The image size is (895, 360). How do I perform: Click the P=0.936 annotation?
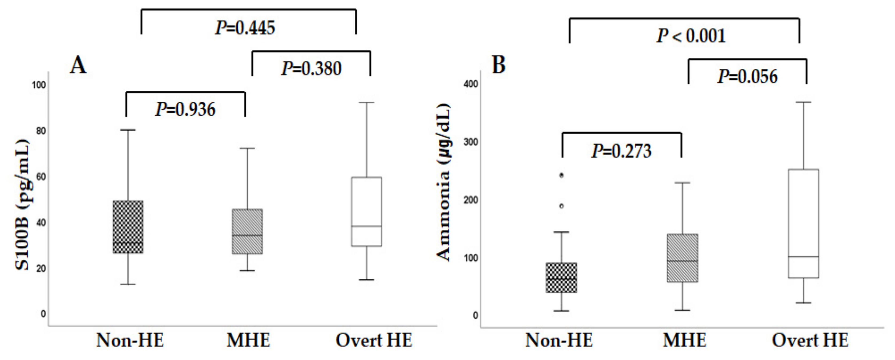coord(185,109)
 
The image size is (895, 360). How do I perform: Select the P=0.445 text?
coord(245,28)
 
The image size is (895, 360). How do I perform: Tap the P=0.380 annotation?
coord(311,68)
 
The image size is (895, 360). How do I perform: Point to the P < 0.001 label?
coord(691,36)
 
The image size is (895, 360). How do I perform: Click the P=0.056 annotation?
coord(747,76)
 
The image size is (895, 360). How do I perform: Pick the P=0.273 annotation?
coord(621,151)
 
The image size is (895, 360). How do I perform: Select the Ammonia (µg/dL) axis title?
coord(443,182)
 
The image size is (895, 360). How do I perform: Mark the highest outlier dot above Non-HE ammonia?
coord(561,175)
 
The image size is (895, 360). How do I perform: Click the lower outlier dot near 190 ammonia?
coord(561,206)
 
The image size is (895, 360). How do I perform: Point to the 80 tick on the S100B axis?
coord(41,131)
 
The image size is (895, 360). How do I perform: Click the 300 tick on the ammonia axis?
coord(471,142)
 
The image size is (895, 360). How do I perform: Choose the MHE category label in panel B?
coord(684,340)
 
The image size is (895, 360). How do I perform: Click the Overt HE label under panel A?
coord(374,340)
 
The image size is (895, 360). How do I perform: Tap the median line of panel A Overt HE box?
coord(367,226)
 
